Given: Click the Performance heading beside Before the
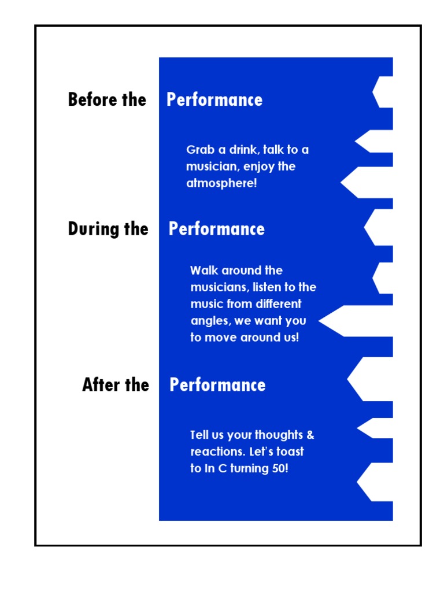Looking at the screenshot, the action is (214, 100).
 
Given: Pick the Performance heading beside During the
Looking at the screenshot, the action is (217, 229).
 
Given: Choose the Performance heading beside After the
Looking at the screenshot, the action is (217, 385).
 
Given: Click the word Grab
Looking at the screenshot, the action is (199, 150).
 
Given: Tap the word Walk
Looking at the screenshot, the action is (203, 271).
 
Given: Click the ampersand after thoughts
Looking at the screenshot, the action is (310, 435).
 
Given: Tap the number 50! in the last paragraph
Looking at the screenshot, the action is (279, 469).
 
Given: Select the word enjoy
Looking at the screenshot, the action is (258, 167).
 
